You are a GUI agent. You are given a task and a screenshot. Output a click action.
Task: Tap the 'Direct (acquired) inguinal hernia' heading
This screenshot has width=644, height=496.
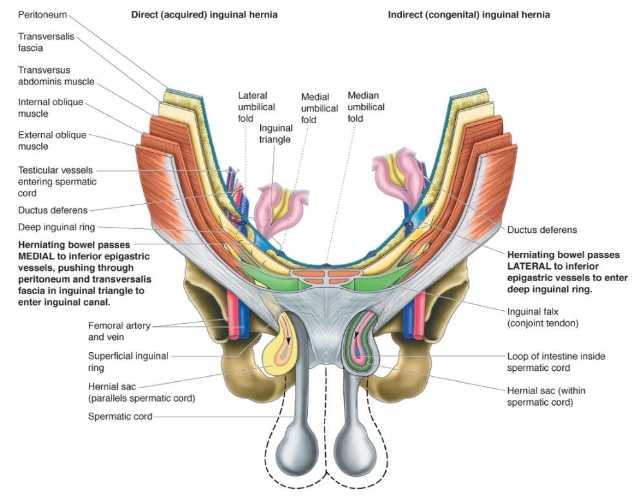coord(204,14)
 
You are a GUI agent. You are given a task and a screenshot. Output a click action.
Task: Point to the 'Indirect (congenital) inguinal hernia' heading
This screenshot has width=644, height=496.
coord(469,14)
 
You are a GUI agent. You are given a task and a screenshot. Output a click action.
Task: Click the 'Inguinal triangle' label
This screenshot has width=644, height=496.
coord(275,134)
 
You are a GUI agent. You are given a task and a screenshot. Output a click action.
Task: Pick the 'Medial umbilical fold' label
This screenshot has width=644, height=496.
coord(319,108)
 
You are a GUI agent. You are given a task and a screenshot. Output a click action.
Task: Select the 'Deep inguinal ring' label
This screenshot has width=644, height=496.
coord(56,227)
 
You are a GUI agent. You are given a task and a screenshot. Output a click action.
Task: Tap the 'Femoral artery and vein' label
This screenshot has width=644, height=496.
coord(119,331)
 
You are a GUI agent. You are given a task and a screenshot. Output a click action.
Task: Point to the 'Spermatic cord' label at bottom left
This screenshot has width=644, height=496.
coord(120,417)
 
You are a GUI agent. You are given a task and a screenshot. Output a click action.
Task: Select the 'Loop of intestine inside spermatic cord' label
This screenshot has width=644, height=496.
coord(556,362)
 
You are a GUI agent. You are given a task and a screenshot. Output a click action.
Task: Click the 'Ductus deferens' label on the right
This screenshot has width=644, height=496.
coord(542,230)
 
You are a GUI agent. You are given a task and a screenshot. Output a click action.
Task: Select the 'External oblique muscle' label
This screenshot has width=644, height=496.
coord(52,141)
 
